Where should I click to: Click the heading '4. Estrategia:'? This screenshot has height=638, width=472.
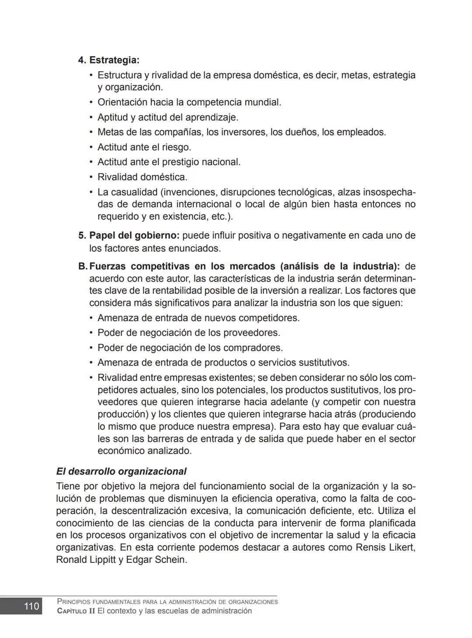click(108, 60)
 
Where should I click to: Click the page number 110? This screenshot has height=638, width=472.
click(31, 606)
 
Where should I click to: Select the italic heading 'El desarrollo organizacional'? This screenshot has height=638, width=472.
click(121, 471)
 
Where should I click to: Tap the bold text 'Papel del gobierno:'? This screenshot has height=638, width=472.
click(134, 235)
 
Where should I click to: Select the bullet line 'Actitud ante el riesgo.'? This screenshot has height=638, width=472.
click(144, 147)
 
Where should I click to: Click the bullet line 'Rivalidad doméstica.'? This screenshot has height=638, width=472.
click(142, 177)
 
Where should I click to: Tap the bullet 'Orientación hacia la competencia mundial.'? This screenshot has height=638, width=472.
click(189, 102)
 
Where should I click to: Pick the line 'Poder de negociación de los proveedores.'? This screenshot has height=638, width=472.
click(188, 333)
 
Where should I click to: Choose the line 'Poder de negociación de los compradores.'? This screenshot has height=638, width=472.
click(190, 348)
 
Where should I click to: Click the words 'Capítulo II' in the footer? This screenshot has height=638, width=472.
click(76, 611)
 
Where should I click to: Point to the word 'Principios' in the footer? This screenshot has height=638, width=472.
click(73, 602)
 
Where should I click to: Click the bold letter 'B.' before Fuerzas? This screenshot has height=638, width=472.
click(83, 266)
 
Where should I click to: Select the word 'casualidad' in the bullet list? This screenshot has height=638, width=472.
click(134, 192)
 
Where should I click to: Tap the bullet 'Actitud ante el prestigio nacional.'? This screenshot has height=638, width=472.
click(169, 162)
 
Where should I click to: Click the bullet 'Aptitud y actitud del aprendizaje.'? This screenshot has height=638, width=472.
click(168, 117)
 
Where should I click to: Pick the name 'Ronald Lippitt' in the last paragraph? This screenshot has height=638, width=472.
click(86, 560)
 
